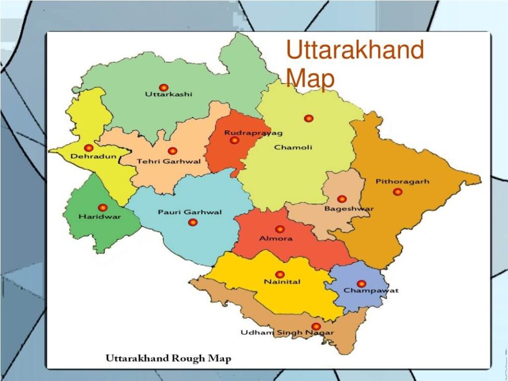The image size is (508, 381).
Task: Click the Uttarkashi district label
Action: click(x=168, y=94)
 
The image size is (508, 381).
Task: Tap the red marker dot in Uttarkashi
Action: click(x=164, y=88)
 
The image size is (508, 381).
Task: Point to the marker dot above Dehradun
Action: click(x=89, y=148)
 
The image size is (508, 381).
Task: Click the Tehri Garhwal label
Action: click(x=168, y=161)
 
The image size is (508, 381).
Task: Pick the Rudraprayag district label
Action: click(x=246, y=133)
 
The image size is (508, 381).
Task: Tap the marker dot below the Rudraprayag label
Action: click(x=235, y=140)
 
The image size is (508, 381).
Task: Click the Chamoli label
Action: click(x=293, y=148)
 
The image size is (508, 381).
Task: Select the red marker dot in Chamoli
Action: click(x=309, y=118)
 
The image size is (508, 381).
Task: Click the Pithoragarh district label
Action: click(x=402, y=182)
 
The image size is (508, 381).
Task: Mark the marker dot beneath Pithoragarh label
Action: click(x=398, y=192)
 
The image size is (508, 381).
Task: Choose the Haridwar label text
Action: click(x=100, y=216)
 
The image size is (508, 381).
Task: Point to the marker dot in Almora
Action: click(x=280, y=229)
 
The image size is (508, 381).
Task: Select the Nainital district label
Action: click(x=283, y=282)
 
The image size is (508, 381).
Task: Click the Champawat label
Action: click(x=371, y=290)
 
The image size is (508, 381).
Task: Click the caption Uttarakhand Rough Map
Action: click(x=168, y=358)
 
